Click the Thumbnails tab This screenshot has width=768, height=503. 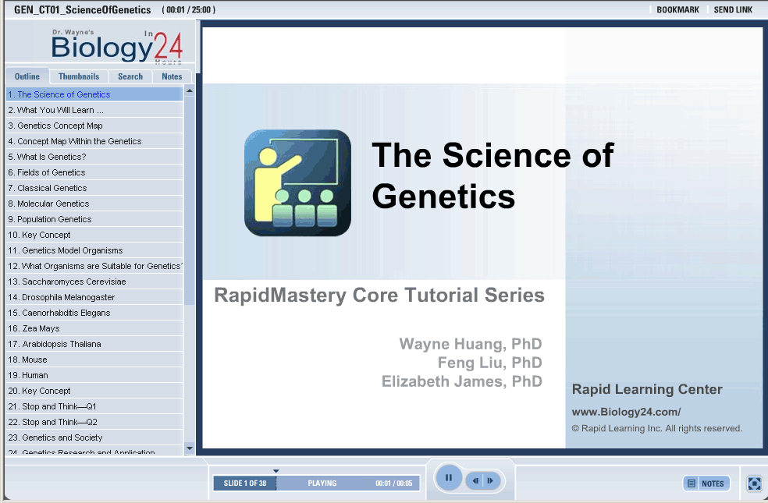(78, 76)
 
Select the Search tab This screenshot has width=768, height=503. (130, 76)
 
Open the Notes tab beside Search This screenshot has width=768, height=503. (172, 76)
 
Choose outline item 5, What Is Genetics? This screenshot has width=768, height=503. (47, 157)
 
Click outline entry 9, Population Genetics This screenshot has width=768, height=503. (50, 219)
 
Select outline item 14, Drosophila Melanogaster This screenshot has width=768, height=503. (61, 297)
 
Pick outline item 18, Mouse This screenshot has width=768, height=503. (28, 360)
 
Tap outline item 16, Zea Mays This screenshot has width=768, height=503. (34, 328)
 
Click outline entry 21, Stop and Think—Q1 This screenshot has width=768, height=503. (52, 406)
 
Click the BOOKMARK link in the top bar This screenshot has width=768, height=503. (678, 10)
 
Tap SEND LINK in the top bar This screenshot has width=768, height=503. (733, 10)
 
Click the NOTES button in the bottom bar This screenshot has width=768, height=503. (706, 484)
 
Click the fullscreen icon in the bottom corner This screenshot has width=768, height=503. (754, 484)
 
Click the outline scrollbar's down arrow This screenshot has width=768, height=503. (190, 448)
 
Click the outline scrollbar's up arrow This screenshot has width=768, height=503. (190, 91)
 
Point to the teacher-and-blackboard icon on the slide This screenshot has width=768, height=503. (298, 182)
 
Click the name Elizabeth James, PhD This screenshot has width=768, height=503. (462, 381)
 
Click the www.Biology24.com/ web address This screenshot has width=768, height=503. (626, 412)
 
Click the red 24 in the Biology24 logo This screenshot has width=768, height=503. (169, 47)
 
